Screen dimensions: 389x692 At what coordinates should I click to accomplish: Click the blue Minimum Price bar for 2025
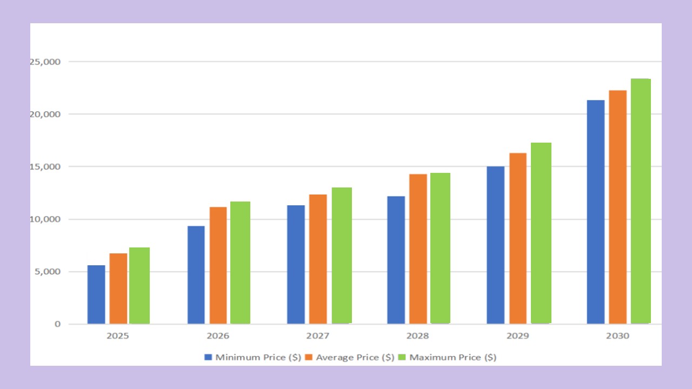point(96,294)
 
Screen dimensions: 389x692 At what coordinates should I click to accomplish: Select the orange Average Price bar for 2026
point(218,265)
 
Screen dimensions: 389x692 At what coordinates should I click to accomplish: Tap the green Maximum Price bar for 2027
point(342,256)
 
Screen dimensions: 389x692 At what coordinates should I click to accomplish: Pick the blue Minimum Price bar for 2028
point(396,260)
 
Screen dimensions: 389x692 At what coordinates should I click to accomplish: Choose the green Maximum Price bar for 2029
point(541,233)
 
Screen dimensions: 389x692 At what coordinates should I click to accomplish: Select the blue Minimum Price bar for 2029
point(495,245)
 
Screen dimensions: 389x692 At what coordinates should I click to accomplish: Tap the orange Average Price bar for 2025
point(118,289)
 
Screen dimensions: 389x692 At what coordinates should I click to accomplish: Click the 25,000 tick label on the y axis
point(45,62)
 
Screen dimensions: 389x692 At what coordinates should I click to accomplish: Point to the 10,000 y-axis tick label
point(45,219)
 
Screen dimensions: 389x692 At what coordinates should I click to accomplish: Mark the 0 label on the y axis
point(57,324)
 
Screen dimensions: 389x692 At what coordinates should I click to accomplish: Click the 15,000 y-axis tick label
point(45,167)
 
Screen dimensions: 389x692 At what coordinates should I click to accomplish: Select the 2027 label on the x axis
point(317,336)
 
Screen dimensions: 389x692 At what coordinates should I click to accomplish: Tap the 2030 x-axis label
point(617,336)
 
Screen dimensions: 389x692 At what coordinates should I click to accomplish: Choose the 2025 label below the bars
point(117,336)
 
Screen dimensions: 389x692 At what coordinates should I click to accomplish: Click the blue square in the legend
point(208,357)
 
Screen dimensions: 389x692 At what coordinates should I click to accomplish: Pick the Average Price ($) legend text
point(355,357)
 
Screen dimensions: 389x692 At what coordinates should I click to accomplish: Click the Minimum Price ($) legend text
point(258,357)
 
